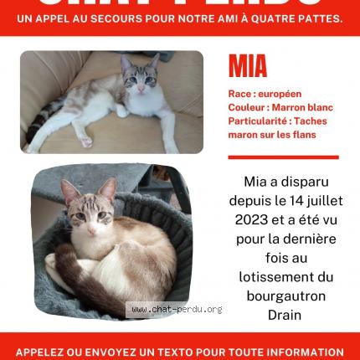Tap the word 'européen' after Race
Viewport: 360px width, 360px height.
pyautogui.click(x=280, y=95)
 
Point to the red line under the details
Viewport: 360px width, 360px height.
pyautogui.click(x=283, y=157)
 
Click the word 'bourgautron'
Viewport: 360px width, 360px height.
pyautogui.click(x=285, y=296)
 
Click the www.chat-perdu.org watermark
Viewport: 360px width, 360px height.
pyautogui.click(x=176, y=310)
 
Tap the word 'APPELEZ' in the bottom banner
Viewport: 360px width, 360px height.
pyautogui.click(x=43, y=352)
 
